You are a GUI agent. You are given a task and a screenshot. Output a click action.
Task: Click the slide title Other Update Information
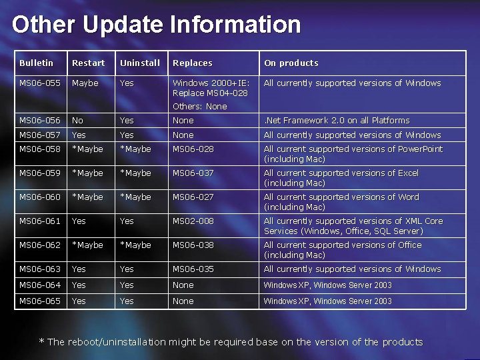[156, 25]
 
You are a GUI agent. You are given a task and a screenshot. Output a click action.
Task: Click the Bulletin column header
[36, 63]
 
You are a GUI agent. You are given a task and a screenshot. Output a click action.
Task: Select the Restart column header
[88, 63]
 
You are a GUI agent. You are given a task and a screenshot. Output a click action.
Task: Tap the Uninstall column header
[140, 63]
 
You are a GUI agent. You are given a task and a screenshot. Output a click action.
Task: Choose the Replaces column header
[192, 63]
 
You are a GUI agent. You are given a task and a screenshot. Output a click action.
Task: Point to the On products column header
[291, 63]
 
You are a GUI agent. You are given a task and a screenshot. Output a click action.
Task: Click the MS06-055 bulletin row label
[40, 83]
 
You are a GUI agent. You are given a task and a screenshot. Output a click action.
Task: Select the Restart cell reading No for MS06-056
[78, 121]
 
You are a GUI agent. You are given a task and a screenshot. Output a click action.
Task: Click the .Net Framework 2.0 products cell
[337, 121]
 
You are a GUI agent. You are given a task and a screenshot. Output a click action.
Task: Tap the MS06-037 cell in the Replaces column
[193, 173]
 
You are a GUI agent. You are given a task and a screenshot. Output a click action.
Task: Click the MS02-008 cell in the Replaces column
[193, 221]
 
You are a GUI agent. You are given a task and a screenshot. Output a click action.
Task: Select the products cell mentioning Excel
[341, 178]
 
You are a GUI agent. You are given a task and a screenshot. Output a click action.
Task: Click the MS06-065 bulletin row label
[40, 301]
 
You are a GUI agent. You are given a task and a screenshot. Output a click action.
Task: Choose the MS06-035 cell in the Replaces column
[193, 269]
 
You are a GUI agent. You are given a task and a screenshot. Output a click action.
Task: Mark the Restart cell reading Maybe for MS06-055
[85, 83]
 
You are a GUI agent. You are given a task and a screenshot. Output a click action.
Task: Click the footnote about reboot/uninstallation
[231, 342]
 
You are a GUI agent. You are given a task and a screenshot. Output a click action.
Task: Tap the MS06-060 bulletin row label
[40, 197]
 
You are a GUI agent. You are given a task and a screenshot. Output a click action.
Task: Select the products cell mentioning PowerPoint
[353, 154]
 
